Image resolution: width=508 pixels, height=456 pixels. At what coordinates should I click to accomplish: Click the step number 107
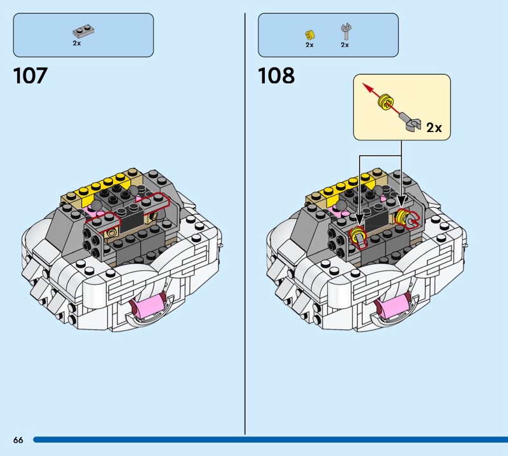pyautogui.click(x=30, y=76)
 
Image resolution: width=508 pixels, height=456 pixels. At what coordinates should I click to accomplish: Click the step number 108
pyautogui.click(x=276, y=76)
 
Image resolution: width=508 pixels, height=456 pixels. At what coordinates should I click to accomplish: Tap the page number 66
pyautogui.click(x=18, y=439)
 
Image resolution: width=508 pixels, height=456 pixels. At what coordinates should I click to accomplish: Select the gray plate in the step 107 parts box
pyautogui.click(x=84, y=31)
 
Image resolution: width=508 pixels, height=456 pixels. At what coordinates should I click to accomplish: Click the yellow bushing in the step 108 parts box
pyautogui.click(x=310, y=35)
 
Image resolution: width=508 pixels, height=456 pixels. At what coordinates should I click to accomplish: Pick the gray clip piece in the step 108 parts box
pyautogui.click(x=346, y=32)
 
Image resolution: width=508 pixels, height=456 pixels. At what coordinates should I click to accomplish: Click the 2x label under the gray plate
pyautogui.click(x=77, y=43)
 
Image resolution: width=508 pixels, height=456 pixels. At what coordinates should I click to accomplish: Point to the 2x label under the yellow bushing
pyautogui.click(x=309, y=44)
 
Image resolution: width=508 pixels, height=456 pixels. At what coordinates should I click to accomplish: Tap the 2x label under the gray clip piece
pyautogui.click(x=345, y=44)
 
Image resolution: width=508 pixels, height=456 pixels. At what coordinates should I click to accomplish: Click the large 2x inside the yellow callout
pyautogui.click(x=434, y=128)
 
